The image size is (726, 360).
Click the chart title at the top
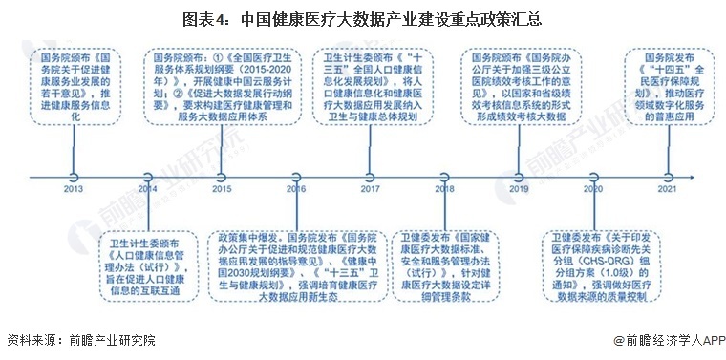coord(362,18)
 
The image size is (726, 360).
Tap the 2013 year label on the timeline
coord(74,189)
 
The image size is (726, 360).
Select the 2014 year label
coord(147,189)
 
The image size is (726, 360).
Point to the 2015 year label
coord(222,189)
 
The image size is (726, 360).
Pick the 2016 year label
coord(296,189)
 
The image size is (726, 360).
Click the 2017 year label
coord(370,189)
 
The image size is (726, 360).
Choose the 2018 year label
coord(444,189)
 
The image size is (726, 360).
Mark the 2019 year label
coord(519,189)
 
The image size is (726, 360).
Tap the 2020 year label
coord(592,189)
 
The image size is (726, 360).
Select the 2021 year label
coord(667,189)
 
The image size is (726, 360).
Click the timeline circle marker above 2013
coord(74,176)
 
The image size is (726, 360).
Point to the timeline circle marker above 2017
coord(370,176)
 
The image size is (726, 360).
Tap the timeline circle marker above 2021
coord(667,176)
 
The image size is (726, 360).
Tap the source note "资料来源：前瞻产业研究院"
coord(80,340)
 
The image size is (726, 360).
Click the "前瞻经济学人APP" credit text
coord(670,340)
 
